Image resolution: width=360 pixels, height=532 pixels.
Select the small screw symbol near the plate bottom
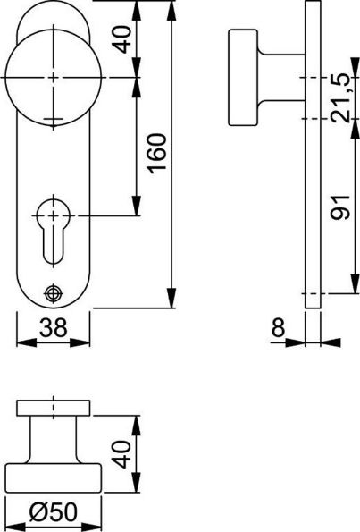(53, 291)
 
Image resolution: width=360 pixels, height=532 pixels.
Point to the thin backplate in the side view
(313, 179)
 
